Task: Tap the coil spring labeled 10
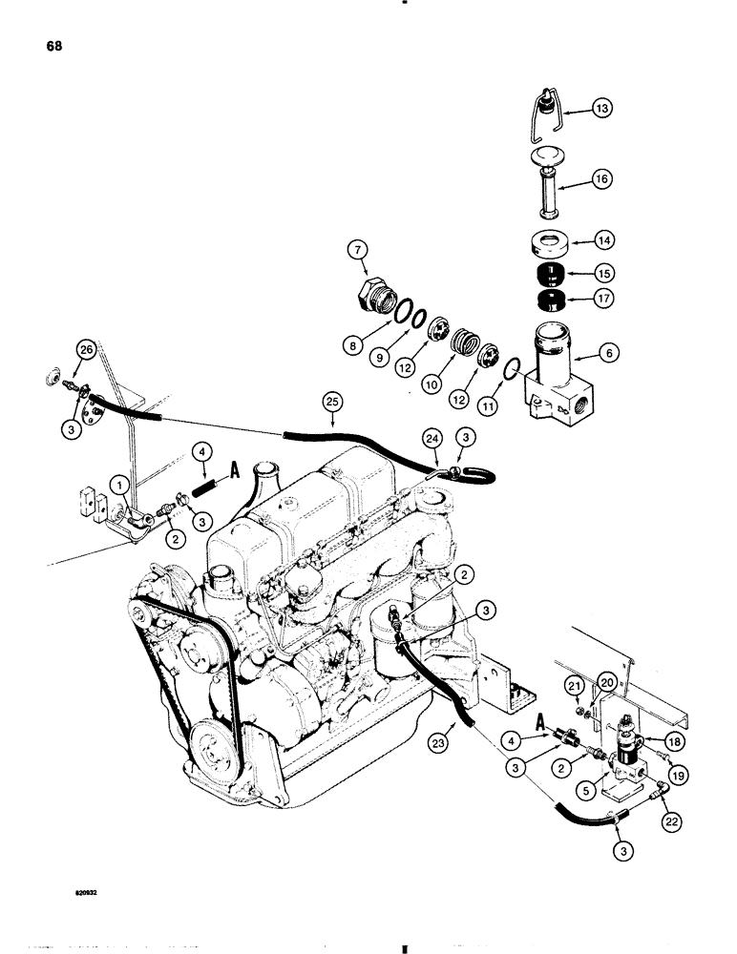click(464, 341)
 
